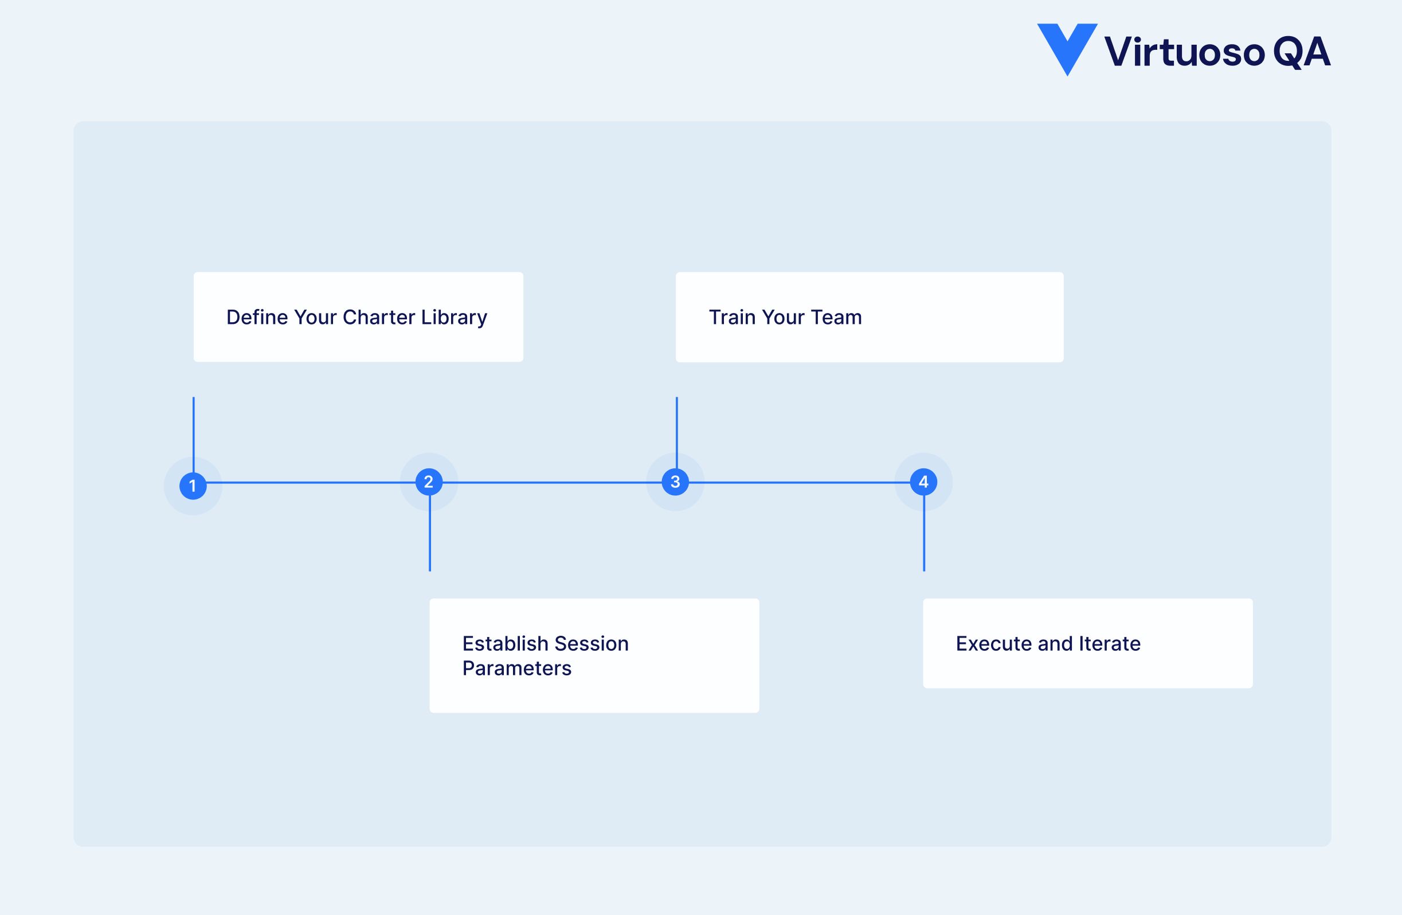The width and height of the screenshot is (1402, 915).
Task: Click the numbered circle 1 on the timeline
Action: [x=193, y=486]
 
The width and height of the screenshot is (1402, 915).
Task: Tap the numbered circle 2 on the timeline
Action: [x=429, y=482]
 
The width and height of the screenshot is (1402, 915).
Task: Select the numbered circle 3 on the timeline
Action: [x=675, y=482]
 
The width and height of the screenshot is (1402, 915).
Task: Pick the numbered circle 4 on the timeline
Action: [x=923, y=482]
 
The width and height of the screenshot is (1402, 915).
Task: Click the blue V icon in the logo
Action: [x=1067, y=47]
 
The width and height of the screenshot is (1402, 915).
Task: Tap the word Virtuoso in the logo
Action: [x=1184, y=52]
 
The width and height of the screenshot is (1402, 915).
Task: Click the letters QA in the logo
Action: [x=1301, y=52]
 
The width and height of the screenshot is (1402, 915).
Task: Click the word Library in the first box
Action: [x=454, y=318]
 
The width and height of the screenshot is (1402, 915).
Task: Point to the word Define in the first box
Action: [x=257, y=317]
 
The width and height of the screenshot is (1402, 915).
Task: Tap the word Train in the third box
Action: [x=732, y=317]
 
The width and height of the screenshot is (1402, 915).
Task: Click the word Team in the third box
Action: [x=836, y=317]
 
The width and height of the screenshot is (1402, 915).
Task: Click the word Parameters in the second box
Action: [x=516, y=668]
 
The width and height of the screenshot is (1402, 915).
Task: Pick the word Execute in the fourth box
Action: [x=994, y=643]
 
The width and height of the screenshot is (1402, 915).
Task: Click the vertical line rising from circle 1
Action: [x=193, y=430]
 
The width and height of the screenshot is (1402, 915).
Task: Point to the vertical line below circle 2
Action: [x=430, y=536]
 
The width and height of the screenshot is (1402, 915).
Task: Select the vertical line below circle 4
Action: [x=923, y=536]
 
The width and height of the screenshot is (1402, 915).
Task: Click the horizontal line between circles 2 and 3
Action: [x=552, y=483]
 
